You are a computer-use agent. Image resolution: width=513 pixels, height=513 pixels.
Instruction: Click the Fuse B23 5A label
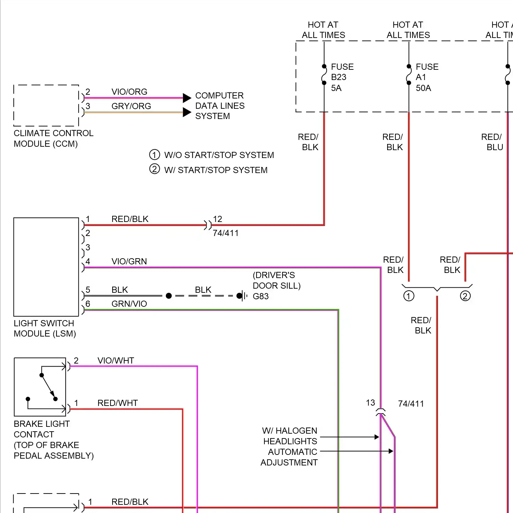coord(342,77)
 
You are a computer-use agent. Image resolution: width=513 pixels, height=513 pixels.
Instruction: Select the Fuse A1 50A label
coord(426,77)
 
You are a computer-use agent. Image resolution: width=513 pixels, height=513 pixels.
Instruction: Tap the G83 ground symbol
coord(244,296)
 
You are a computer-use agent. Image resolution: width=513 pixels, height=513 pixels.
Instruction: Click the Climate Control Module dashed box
coord(46,106)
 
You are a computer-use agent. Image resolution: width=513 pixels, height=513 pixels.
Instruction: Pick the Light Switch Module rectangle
coord(46,267)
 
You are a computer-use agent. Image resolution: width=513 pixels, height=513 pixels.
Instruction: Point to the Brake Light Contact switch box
coord(40,387)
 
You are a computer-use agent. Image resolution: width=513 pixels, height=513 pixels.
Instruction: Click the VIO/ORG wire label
coord(129,92)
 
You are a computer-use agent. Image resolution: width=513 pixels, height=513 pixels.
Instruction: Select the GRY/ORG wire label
coord(131,106)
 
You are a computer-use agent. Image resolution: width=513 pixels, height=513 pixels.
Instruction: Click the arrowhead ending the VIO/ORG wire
coord(187,98)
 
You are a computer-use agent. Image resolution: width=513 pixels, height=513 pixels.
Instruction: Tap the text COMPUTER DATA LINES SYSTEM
coord(220,106)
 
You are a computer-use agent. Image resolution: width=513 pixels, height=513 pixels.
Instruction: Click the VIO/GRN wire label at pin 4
coord(129,261)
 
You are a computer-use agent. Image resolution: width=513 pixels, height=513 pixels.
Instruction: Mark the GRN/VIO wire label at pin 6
coord(129,304)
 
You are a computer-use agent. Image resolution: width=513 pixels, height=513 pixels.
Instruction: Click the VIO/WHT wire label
coord(116,360)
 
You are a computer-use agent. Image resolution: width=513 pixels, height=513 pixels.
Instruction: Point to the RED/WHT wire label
coord(117,403)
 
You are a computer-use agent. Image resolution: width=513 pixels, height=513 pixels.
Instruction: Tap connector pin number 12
coord(218,219)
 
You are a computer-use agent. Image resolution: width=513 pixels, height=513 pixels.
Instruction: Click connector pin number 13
coord(370,403)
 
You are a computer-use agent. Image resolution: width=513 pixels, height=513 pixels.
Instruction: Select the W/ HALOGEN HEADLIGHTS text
coord(290,436)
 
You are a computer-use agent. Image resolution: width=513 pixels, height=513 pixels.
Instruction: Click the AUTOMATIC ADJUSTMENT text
coord(289,457)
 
